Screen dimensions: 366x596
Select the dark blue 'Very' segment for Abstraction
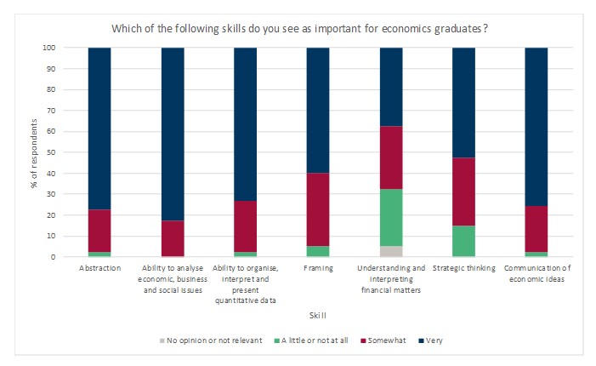(x=99, y=128)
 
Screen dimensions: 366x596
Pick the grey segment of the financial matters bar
(x=390, y=251)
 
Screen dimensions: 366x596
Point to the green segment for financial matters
(x=390, y=217)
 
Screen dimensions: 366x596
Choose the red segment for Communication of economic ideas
(x=536, y=229)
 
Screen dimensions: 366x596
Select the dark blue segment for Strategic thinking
(x=463, y=102)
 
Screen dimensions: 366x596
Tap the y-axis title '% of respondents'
(x=34, y=152)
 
